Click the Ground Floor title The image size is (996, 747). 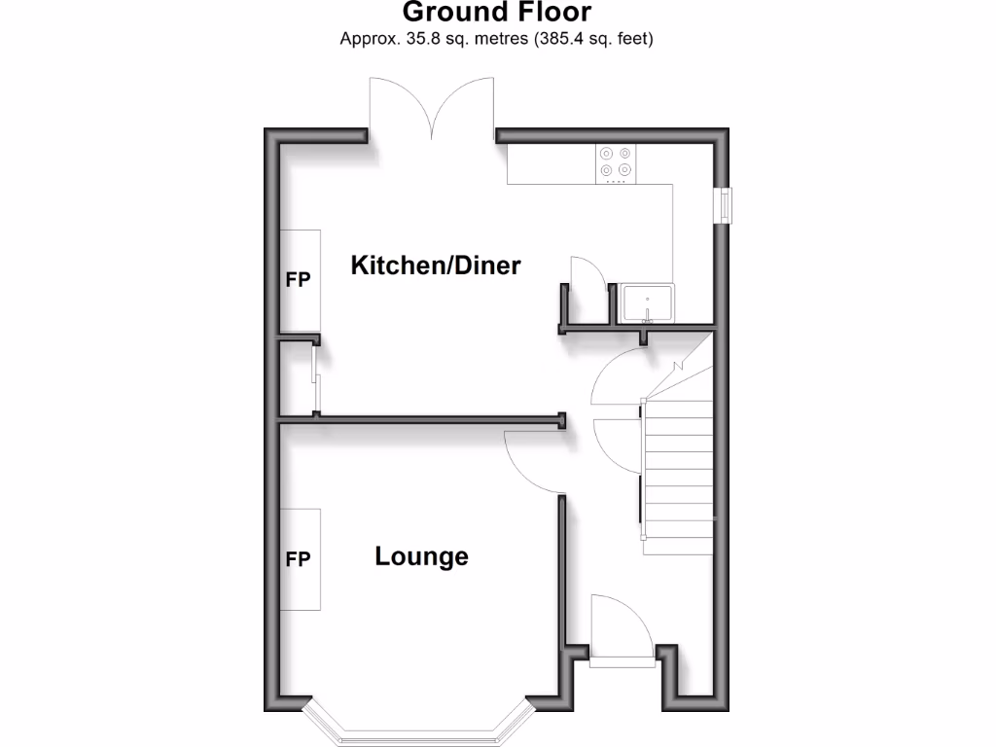click(x=496, y=13)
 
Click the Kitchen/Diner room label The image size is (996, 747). click(x=436, y=265)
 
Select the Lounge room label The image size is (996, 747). click(x=421, y=556)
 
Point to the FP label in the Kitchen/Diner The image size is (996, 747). click(x=298, y=280)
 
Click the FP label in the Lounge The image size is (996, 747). click(x=298, y=559)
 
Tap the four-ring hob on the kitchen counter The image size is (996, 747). click(x=615, y=162)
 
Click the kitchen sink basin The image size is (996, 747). click(x=646, y=302)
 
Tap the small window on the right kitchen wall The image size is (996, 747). click(x=725, y=205)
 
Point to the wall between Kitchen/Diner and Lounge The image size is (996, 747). click(x=438, y=420)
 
